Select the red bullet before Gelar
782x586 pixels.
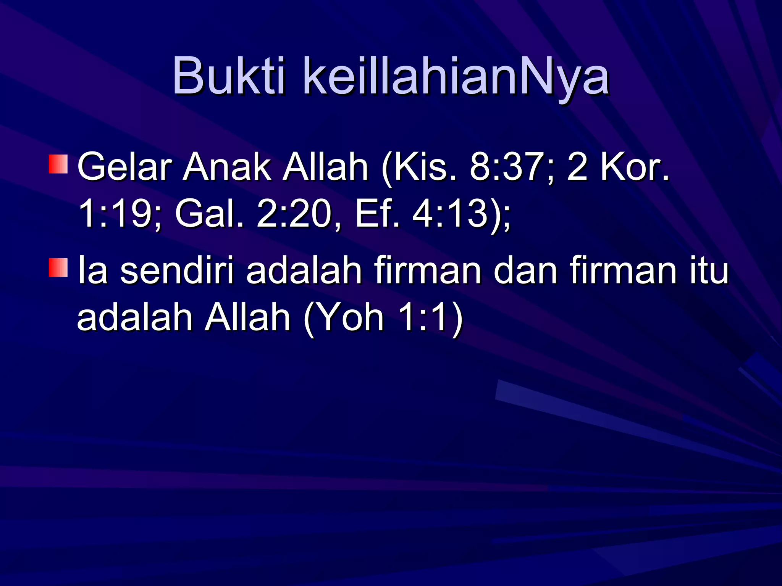pyautogui.click(x=58, y=164)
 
